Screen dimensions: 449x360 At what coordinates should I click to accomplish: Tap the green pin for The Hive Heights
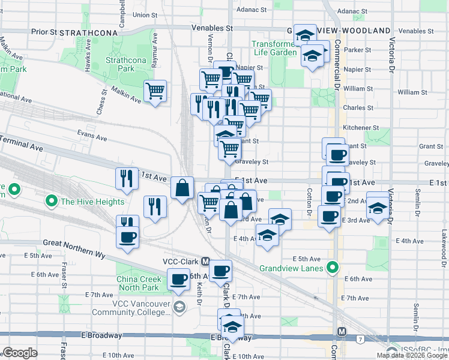52,202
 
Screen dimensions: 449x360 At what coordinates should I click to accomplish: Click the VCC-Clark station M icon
205,262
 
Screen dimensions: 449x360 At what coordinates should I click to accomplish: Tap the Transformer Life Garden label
275,48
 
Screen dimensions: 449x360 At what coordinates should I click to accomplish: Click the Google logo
20,353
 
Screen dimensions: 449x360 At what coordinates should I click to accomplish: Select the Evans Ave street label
91,136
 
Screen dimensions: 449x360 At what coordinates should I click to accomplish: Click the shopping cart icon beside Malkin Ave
155,92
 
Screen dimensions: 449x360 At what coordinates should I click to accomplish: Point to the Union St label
144,14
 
